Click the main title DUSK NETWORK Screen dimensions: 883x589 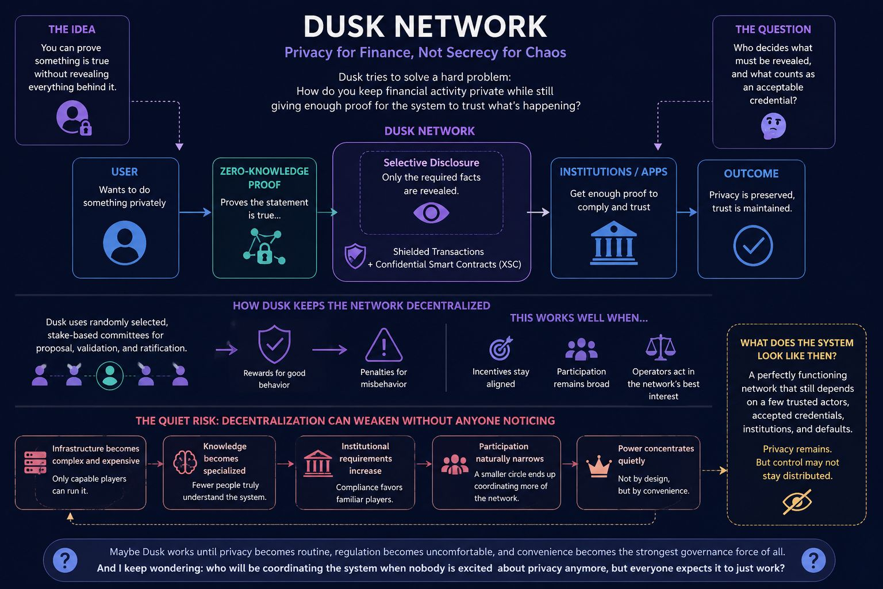coord(425,26)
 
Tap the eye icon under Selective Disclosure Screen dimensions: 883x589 coord(431,213)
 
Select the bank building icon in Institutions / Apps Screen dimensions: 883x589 coord(613,243)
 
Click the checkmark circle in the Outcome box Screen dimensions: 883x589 coord(753,246)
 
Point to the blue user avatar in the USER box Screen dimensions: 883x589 coord(125,243)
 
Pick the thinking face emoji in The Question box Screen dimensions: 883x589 coord(773,126)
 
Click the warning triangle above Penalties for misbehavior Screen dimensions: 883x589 coord(383,345)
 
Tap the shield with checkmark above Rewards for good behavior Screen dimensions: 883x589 coord(274,344)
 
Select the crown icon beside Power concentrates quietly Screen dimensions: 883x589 coord(599,466)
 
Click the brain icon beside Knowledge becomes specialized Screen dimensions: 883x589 coord(185,462)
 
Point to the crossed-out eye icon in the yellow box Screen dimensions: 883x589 coord(797,502)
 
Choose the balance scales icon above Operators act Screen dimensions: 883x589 coord(661,347)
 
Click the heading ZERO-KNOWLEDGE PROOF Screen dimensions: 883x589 coord(264,178)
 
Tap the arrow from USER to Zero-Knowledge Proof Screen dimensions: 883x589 coord(195,212)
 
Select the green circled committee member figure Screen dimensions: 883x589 coord(110,376)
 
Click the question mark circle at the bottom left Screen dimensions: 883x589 coord(65,560)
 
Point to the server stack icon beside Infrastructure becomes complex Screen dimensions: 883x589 coord(35,462)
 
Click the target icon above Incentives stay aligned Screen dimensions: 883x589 coord(501,348)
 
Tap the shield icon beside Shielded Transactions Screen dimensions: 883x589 coord(355,256)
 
